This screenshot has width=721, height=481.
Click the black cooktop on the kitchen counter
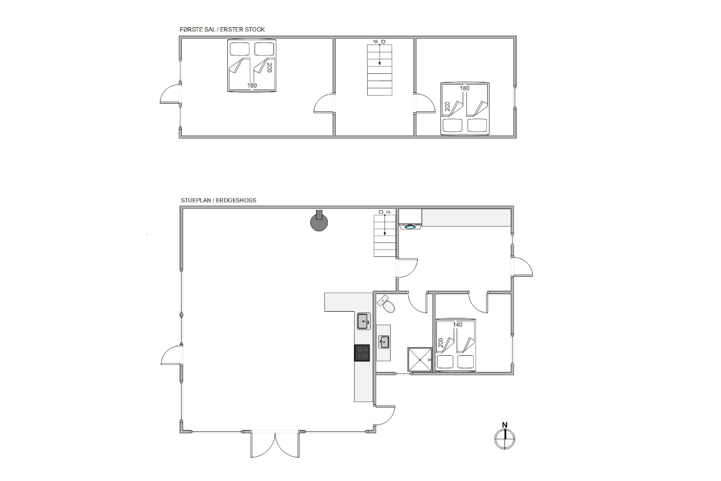[362, 353]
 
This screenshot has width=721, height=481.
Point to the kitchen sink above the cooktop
[364, 321]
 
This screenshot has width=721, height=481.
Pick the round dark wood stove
[319, 222]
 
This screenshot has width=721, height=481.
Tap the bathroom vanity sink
[384, 342]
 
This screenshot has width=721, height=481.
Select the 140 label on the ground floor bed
[457, 324]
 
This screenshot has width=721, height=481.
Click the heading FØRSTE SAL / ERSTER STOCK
[222, 29]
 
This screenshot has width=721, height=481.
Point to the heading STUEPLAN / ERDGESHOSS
[218, 200]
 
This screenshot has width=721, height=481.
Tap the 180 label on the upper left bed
[252, 86]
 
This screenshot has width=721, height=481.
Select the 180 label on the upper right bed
[465, 88]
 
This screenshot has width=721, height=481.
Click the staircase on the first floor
[379, 70]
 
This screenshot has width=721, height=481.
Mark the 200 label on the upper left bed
[269, 68]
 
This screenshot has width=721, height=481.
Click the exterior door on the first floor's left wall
[170, 94]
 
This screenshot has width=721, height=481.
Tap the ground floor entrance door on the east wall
[522, 267]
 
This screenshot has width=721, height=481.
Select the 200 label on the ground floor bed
[441, 343]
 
